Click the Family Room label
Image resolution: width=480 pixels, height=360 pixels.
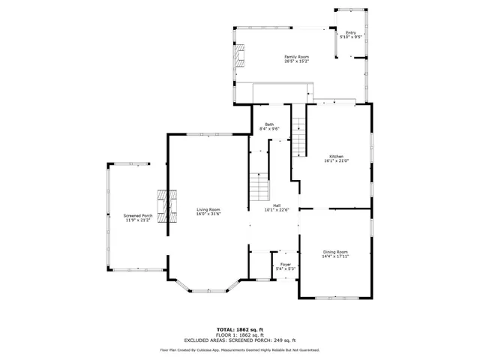click(296, 57)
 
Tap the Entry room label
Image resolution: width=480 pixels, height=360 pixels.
click(351, 32)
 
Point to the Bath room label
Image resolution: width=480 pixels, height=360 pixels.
click(268, 124)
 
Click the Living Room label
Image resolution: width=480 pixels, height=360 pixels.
click(208, 209)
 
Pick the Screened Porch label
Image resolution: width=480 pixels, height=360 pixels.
click(138, 216)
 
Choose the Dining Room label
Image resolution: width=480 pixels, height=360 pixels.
click(336, 251)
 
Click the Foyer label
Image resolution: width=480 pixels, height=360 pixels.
click(286, 264)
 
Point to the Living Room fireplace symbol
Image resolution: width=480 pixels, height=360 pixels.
click(166, 206)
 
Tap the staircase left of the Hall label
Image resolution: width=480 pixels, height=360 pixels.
click(259, 187)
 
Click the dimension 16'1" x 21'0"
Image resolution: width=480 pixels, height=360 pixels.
click(336, 161)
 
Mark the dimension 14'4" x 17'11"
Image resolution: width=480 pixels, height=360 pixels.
click(336, 256)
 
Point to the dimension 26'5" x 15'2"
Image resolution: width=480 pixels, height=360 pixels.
click(296, 61)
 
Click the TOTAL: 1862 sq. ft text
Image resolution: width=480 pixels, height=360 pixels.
click(240, 329)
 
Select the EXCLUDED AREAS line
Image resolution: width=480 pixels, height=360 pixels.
click(240, 340)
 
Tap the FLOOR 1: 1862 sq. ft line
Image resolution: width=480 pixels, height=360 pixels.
click(240, 335)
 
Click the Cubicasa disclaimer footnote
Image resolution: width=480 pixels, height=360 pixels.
click(240, 349)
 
